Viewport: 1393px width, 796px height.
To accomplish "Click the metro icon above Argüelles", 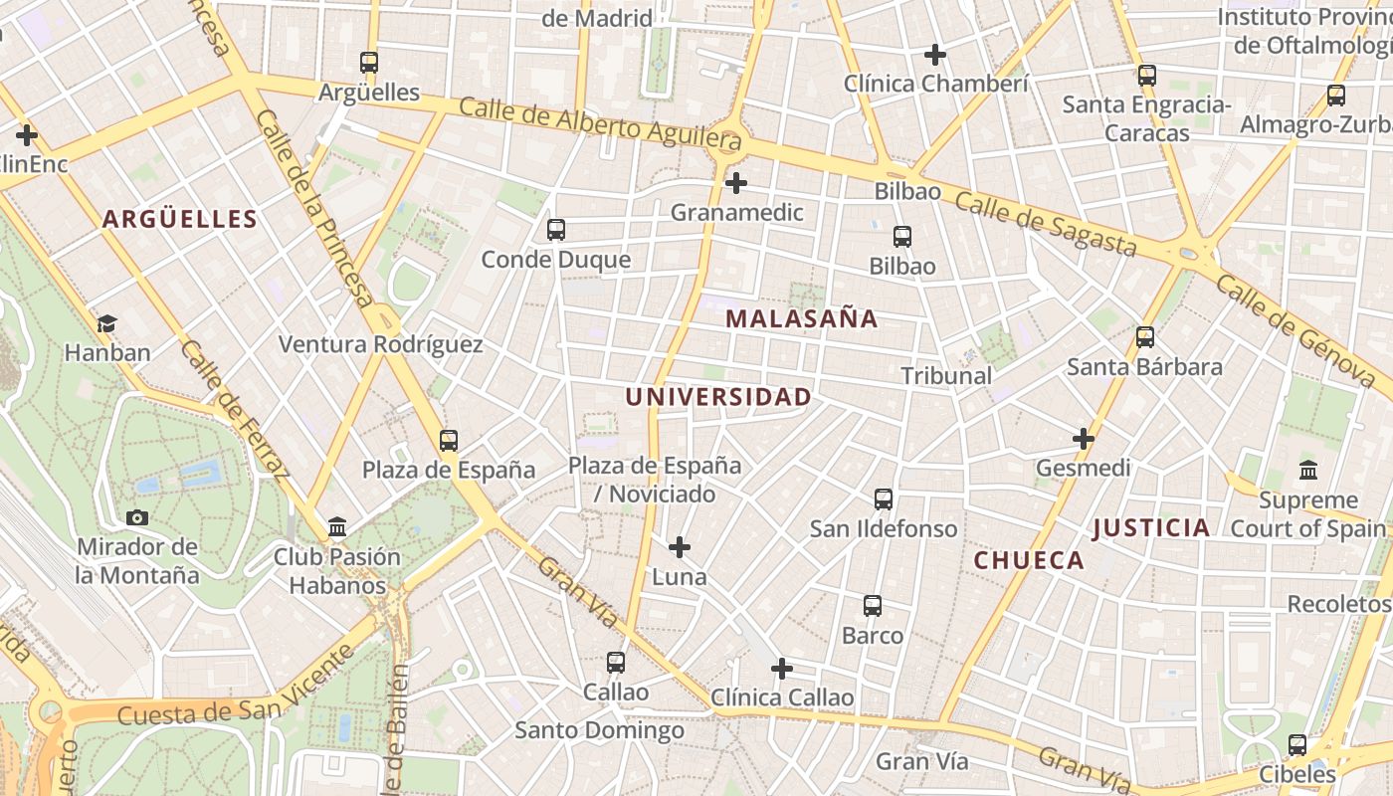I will click(x=369, y=62).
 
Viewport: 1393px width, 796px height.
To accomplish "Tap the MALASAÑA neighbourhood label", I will click(x=801, y=318).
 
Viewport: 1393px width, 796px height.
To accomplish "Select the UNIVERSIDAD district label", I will click(x=717, y=397).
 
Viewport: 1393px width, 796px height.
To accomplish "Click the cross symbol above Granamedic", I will click(x=736, y=183).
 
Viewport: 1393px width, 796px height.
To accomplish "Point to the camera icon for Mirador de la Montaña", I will click(x=137, y=517).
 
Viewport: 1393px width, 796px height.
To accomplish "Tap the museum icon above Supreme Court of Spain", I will click(x=1308, y=470).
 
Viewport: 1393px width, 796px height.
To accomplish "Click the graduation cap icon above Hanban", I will click(x=106, y=323).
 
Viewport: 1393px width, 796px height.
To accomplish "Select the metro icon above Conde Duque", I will click(x=555, y=230).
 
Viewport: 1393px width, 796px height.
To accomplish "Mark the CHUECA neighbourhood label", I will click(x=1029, y=560).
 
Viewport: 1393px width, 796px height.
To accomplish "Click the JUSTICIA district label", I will click(x=1151, y=528).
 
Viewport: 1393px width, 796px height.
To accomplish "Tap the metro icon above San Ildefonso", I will click(x=883, y=499).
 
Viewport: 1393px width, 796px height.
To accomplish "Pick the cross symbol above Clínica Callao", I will click(x=782, y=668).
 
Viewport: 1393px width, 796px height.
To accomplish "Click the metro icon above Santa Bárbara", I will click(x=1144, y=337).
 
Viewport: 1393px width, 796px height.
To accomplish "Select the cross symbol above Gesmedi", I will click(x=1083, y=439).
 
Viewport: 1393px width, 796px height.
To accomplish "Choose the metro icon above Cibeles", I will click(x=1296, y=744).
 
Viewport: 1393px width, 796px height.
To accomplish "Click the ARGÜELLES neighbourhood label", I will click(x=179, y=219).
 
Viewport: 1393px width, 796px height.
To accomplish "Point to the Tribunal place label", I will click(x=946, y=376).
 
